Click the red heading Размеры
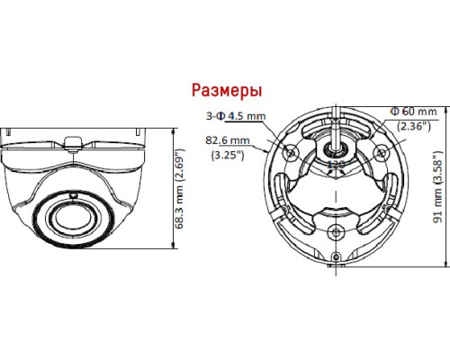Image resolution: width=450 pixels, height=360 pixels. tap(226, 91)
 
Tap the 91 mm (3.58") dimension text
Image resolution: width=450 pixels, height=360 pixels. tap(437, 190)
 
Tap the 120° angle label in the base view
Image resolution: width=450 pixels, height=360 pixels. tap(335, 165)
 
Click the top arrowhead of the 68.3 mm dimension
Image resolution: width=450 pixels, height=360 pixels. tap(173, 128)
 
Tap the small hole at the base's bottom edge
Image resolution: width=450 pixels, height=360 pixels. tap(336, 265)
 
